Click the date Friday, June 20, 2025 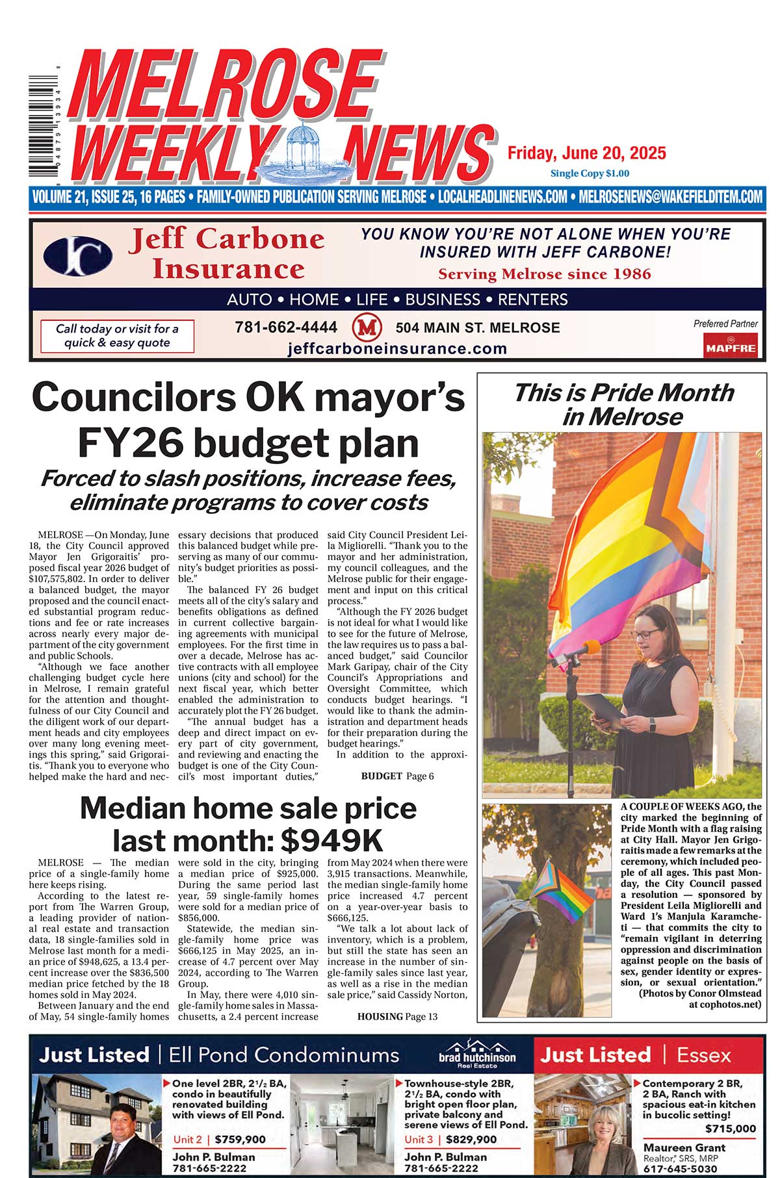pyautogui.click(x=586, y=153)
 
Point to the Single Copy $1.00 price pyautogui.click(x=590, y=173)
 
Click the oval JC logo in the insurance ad pyautogui.click(x=78, y=255)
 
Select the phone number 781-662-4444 pyautogui.click(x=286, y=327)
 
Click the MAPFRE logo pyautogui.click(x=731, y=345)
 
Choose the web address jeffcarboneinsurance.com pyautogui.click(x=397, y=348)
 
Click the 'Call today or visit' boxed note pyautogui.click(x=117, y=336)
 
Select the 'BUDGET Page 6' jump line pyautogui.click(x=397, y=776)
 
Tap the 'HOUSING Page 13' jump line pyautogui.click(x=397, y=1016)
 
